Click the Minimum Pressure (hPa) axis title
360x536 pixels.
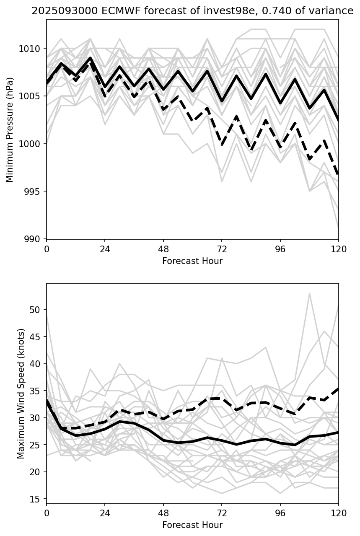pos(10,130)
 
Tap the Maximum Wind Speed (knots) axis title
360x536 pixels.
pos(21,394)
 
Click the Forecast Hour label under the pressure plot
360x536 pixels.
pos(192,261)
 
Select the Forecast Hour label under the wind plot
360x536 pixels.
pos(192,525)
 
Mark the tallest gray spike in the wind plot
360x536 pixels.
pos(309,293)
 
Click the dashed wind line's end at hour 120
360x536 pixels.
pos(338,389)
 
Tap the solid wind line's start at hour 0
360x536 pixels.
pos(47,400)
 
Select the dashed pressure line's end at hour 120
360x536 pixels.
pos(338,174)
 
